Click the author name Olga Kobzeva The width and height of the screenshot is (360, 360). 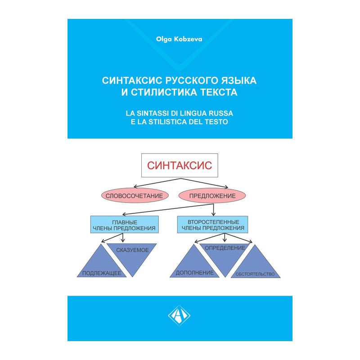[180, 39]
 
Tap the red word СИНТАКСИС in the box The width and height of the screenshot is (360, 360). [180, 165]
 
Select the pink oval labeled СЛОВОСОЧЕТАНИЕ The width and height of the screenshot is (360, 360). [135, 196]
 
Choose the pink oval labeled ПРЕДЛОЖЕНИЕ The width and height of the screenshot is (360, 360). [212, 196]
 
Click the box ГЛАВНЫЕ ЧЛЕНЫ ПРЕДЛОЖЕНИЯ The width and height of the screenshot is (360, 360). [125, 225]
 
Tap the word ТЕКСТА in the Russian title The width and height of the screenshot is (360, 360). [219, 93]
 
